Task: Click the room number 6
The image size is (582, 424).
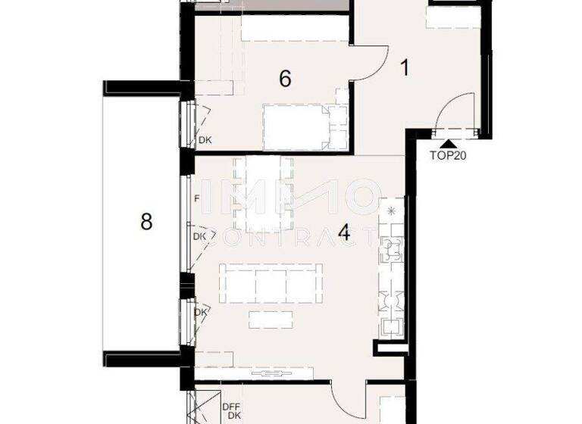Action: coord(285,78)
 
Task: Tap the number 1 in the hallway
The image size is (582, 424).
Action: coord(405,68)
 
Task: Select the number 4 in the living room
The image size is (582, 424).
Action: coord(344,232)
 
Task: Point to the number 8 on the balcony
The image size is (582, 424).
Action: coord(146,222)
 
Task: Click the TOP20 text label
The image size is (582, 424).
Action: coord(448,158)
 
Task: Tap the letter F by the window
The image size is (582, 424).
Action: coord(196,200)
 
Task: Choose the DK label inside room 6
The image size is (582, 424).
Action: coord(205,139)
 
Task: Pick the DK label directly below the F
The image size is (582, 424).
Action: coord(200,237)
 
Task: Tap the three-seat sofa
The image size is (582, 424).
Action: coord(271,284)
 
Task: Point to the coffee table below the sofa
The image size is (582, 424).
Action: coord(271,320)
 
